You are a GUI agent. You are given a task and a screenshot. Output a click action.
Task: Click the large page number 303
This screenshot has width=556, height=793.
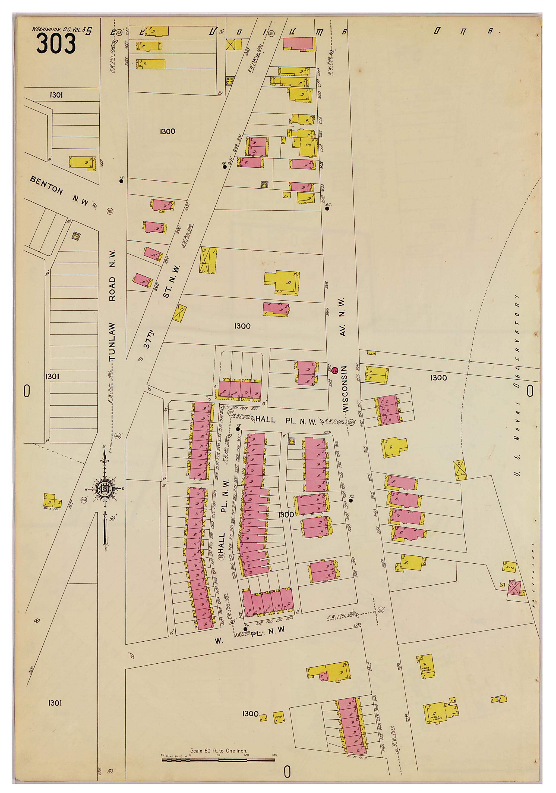tap(56, 44)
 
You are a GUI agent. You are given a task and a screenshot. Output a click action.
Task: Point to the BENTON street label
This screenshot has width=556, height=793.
tap(46, 185)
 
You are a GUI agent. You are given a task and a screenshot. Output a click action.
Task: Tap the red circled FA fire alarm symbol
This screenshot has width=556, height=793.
tap(334, 371)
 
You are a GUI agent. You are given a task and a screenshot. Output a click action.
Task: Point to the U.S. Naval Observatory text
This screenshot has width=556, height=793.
tap(517, 385)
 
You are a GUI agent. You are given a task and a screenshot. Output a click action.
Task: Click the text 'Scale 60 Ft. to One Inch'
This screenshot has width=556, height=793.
tap(219, 751)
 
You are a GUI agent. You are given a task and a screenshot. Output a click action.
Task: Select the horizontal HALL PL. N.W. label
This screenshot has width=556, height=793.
tap(286, 420)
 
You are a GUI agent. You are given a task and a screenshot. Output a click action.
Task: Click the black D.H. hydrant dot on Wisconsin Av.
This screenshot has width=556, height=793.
tap(327, 208)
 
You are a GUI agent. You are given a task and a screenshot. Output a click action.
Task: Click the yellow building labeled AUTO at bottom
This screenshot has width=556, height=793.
tap(279, 718)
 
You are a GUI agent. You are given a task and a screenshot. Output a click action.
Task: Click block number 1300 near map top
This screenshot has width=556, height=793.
tap(168, 131)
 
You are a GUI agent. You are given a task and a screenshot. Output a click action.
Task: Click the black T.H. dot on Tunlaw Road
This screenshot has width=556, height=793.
tap(121, 181)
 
